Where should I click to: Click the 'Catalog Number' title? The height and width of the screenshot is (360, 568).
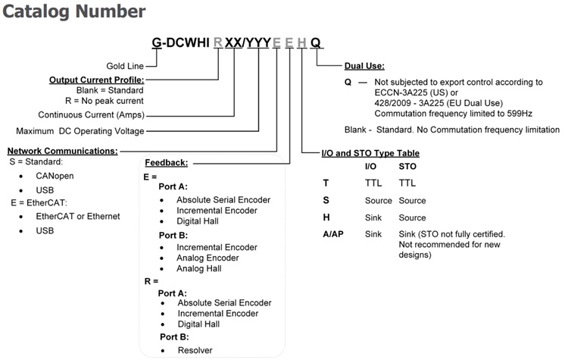pos(74,11)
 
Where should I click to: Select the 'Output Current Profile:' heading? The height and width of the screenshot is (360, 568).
pos(96,80)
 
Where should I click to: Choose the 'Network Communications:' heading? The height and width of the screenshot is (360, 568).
pos(62,151)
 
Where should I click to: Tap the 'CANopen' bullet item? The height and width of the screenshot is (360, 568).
pos(55,176)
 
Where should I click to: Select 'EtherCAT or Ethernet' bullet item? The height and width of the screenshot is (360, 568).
pos(78,216)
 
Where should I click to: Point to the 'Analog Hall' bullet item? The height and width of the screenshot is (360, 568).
pos(200,268)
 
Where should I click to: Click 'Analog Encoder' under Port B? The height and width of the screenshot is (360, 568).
pos(208,258)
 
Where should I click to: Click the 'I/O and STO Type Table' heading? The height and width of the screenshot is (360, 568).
pos(370,153)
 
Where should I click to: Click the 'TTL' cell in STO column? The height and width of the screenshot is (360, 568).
pos(407,183)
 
